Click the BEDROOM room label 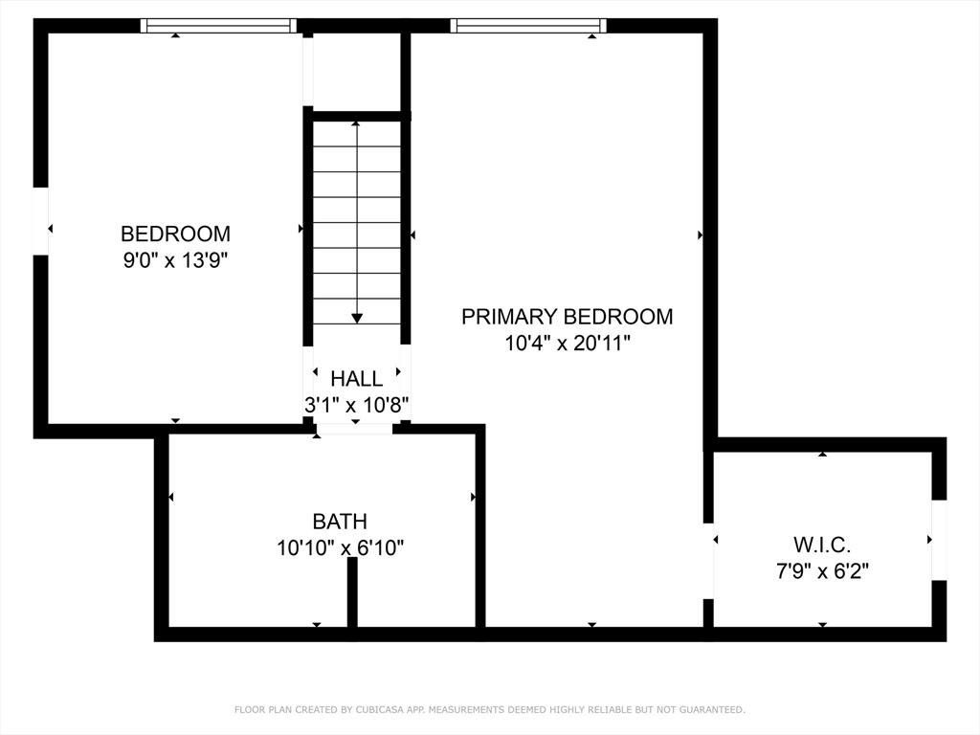coord(175,234)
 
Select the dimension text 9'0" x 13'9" coord(175,259)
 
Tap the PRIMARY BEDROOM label coord(567,317)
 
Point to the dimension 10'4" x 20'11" coord(567,343)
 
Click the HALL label coord(356,379)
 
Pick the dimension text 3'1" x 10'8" coord(357,405)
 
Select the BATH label coord(340,522)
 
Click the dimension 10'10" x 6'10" coord(340,547)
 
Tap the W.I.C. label coord(821,546)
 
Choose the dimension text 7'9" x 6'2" coord(821,571)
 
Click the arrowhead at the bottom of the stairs coord(357,317)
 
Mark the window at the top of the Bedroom coord(218,26)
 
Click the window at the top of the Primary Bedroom coord(528,26)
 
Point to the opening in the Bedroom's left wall coord(40,221)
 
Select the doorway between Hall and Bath coord(354,430)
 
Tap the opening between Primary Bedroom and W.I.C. coord(708,561)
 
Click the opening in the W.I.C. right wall coord(939,540)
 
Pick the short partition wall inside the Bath coord(352,593)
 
